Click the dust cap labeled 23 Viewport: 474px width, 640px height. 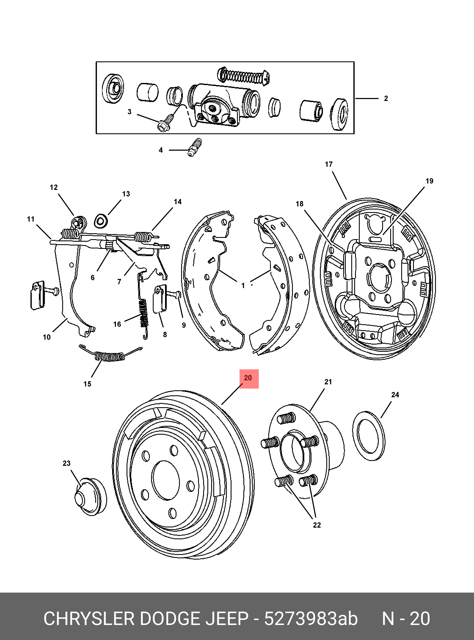(89, 497)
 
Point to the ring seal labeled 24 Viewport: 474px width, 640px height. (369, 436)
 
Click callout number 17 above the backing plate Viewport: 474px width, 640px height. (329, 164)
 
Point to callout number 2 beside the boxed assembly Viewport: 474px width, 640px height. (386, 98)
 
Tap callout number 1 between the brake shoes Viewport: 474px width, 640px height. (243, 286)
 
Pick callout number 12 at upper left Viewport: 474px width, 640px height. (54, 188)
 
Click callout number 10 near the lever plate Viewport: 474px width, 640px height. (47, 337)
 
